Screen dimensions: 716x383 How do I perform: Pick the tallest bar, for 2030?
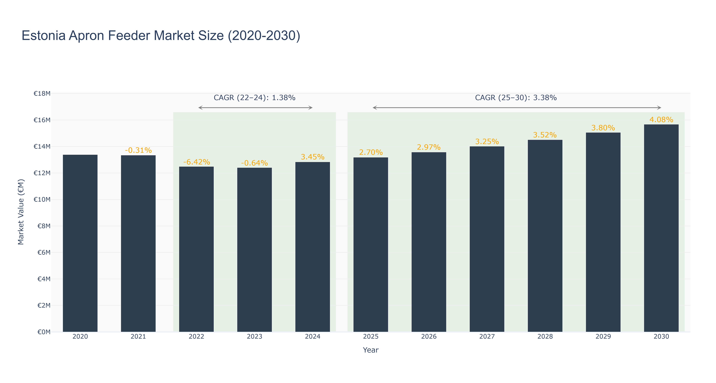coord(661,228)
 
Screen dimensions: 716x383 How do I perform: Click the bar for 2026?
coord(429,242)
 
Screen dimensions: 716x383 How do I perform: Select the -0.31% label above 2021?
coord(138,150)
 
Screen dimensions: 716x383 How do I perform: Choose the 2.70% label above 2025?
coord(371,152)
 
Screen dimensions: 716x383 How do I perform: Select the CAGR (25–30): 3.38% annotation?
coord(516,98)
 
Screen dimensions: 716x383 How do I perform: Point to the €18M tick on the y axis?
coord(42,94)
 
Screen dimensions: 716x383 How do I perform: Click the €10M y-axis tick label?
coord(42,199)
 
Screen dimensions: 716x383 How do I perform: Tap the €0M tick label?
coord(44,332)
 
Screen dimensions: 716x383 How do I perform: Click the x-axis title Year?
coord(371,350)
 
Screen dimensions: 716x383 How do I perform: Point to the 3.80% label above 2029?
coord(603,128)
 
